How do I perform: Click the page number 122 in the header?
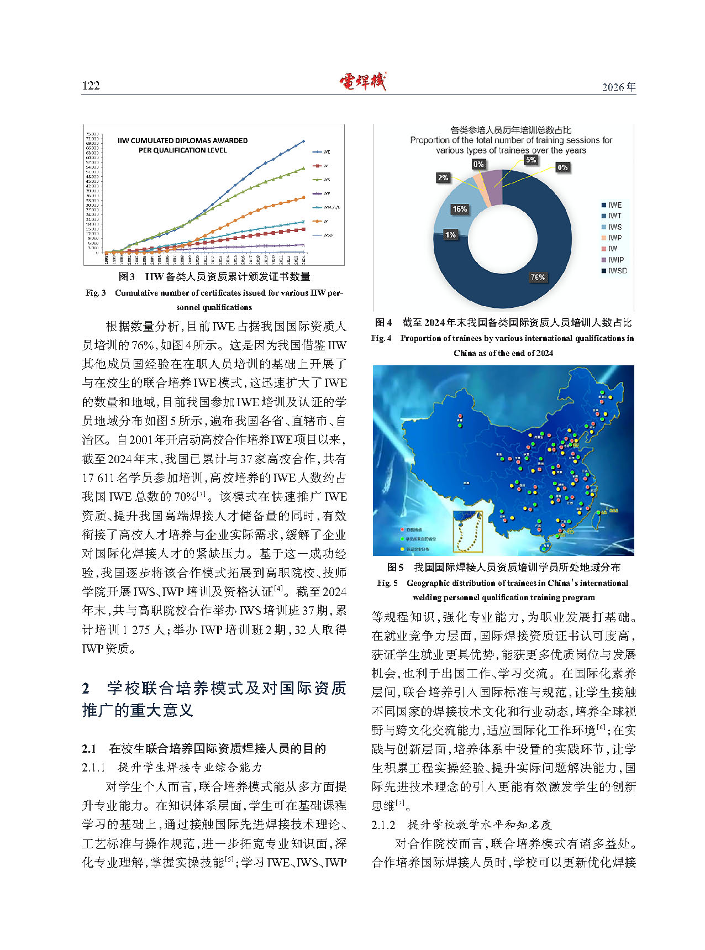click(x=91, y=85)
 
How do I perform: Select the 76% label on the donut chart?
click(x=538, y=277)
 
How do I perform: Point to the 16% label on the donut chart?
click(x=460, y=209)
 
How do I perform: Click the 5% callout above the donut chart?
click(x=530, y=160)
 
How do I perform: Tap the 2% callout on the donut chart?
click(x=443, y=177)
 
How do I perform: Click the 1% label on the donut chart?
click(x=450, y=235)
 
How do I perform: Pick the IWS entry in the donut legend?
click(x=614, y=227)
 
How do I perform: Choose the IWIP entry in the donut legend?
click(x=615, y=260)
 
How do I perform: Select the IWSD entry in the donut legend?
click(x=617, y=271)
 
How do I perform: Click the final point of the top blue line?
click(x=303, y=141)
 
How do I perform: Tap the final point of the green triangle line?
click(x=303, y=169)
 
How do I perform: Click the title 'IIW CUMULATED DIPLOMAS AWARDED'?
click(x=182, y=140)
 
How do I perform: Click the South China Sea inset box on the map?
click(x=467, y=531)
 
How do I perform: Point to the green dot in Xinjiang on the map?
click(x=460, y=425)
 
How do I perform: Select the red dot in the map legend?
click(x=402, y=529)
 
